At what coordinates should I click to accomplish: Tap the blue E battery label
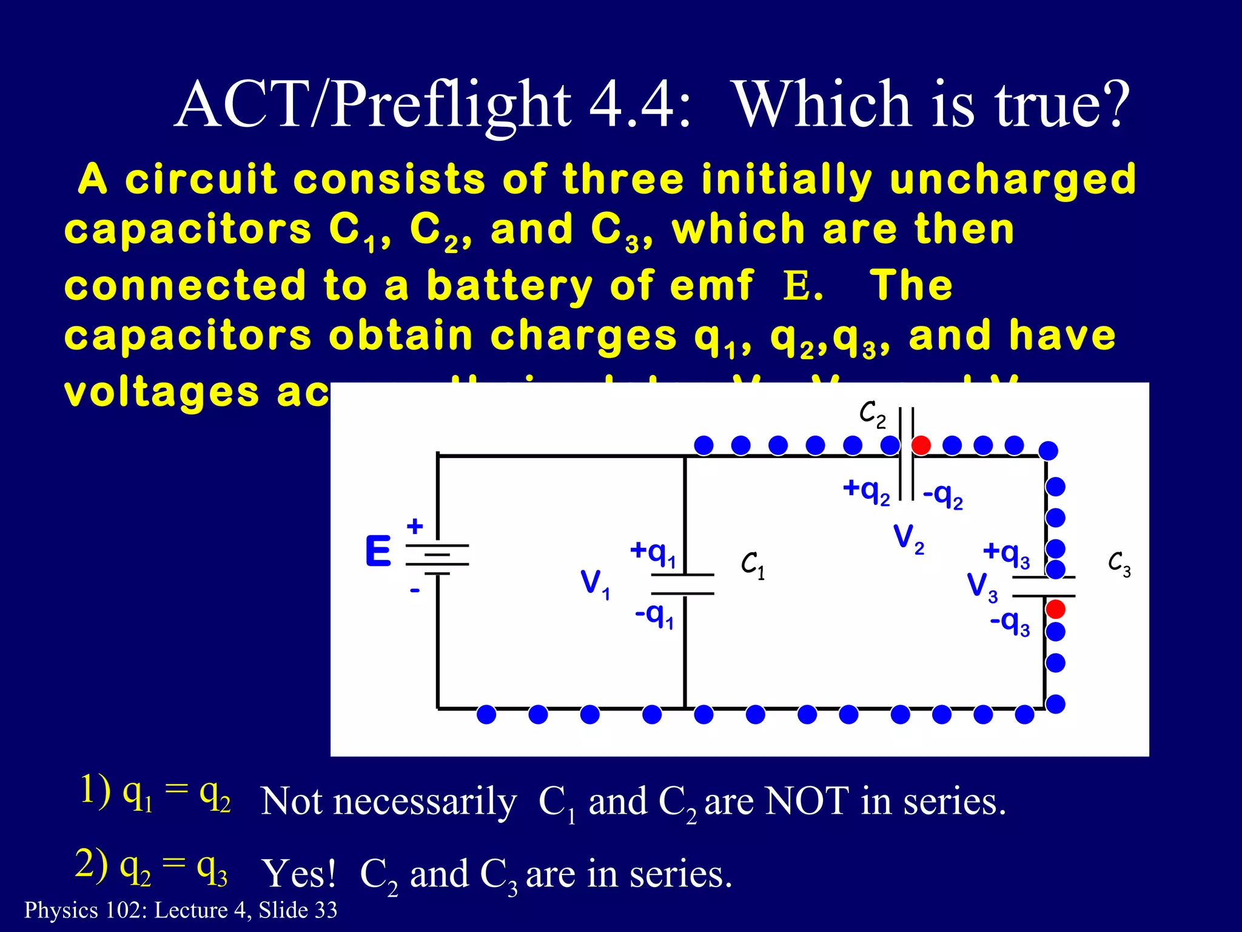[x=378, y=552]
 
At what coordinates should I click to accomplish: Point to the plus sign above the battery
[x=415, y=526]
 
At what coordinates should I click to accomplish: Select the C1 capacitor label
[x=753, y=566]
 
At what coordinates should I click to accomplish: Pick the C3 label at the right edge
[x=1119, y=564]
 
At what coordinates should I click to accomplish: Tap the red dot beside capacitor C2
[x=921, y=445]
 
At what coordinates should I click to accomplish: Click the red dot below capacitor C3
[x=1056, y=609]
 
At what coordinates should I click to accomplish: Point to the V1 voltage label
[x=595, y=584]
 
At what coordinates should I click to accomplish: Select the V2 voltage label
[x=908, y=538]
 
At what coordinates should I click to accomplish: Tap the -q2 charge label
[x=942, y=496]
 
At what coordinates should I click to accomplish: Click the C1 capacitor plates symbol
[x=683, y=584]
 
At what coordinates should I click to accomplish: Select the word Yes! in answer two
[x=298, y=874]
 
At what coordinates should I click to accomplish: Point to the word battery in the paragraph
[x=509, y=285]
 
